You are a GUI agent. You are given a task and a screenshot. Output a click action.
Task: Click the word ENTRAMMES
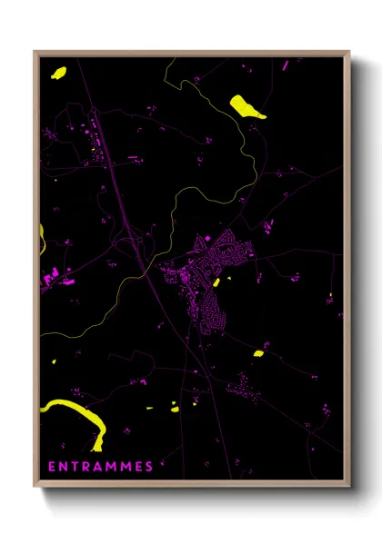[x=100, y=467]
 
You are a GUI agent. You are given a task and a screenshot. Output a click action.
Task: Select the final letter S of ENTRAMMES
[x=149, y=467]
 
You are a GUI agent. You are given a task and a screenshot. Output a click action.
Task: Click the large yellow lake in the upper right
[x=247, y=106]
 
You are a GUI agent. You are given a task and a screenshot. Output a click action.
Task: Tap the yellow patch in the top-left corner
[x=59, y=72]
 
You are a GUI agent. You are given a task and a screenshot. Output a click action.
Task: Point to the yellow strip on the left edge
[x=42, y=238]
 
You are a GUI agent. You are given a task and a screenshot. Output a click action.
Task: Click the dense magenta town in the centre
[x=214, y=272]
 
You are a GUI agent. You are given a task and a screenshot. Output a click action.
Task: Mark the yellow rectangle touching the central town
[x=216, y=282]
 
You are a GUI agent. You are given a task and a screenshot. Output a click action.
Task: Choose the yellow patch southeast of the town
[x=258, y=353]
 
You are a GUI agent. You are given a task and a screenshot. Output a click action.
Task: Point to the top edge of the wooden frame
[x=191, y=53]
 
